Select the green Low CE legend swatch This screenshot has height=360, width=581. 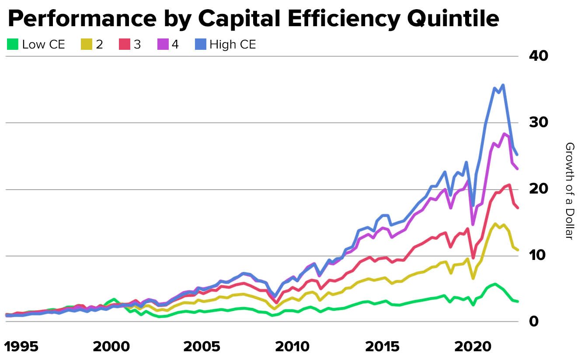tap(13, 44)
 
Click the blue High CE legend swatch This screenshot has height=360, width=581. tap(201, 44)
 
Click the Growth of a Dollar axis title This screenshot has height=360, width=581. tap(569, 190)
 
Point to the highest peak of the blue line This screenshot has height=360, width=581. tap(503, 85)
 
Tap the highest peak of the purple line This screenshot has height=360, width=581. tap(504, 134)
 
